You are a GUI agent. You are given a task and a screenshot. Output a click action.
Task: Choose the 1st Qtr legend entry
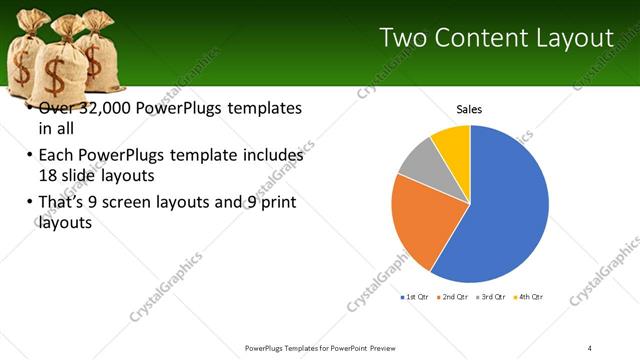pos(416,297)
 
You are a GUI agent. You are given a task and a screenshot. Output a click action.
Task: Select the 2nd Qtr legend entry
pos(455,297)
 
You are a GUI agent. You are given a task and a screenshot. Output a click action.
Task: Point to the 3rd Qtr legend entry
pos(493,297)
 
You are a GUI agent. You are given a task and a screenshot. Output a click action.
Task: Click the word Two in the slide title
pos(406,38)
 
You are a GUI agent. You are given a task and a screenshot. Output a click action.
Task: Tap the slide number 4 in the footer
pos(590,347)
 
